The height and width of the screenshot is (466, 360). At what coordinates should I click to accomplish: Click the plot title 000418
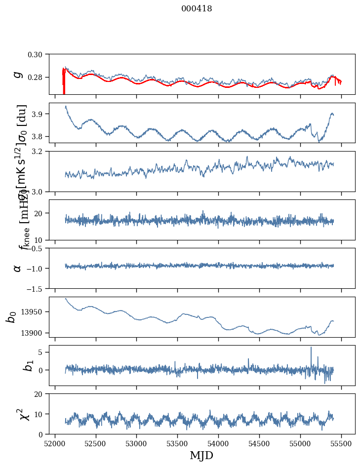coord(197,9)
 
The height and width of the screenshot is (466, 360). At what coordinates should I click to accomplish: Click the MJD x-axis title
coord(201,455)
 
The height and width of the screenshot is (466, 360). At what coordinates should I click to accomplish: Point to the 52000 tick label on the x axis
coord(55,444)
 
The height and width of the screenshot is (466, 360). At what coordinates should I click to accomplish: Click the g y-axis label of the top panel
coord(18,74)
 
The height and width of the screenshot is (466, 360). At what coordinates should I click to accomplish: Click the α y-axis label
coord(18,268)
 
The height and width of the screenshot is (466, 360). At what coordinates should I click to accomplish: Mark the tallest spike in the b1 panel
coord(311,348)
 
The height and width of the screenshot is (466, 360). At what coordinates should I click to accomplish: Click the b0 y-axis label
coord(11,317)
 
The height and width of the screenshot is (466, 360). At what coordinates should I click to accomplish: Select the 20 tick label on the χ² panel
coord(40,394)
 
